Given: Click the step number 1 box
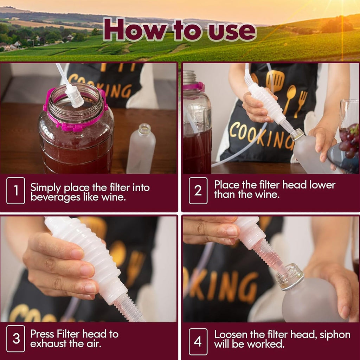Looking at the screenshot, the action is [15, 191].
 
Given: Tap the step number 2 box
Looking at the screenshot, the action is [198, 191].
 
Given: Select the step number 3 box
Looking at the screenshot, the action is [15, 339].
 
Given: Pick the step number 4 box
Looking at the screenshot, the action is [198, 341].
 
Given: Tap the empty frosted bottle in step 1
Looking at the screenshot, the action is [141, 148].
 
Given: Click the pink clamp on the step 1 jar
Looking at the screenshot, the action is [76, 110].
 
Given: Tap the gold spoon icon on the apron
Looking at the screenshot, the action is [289, 99].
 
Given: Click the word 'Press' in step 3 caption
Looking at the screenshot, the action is [42, 334].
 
